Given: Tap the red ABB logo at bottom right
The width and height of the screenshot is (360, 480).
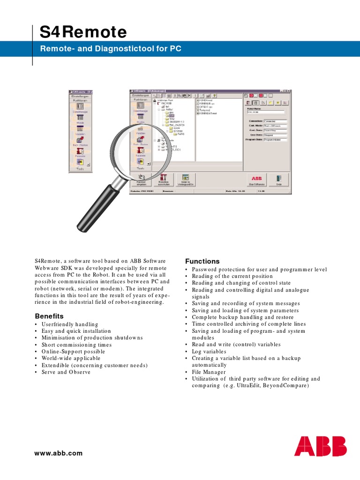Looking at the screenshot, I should point(320,446).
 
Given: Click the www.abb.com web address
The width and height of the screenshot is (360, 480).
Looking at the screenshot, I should point(59,453).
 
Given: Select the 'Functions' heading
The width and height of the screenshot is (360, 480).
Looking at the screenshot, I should point(202,261).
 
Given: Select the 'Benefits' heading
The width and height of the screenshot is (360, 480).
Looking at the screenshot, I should point(49,316).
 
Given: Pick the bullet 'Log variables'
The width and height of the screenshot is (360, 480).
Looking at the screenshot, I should point(209,351).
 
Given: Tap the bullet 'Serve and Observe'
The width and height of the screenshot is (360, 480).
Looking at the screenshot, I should point(66,372).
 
